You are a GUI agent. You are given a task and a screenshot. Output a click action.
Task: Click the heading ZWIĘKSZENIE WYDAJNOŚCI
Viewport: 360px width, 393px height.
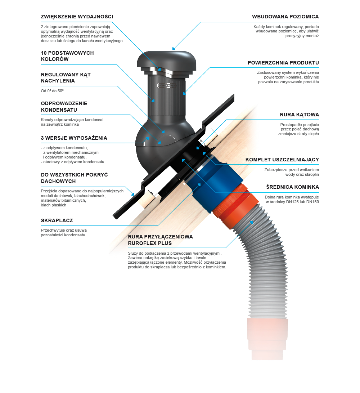pos(77,17)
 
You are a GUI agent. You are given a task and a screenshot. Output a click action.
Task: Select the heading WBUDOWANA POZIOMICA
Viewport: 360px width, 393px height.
pos(285,17)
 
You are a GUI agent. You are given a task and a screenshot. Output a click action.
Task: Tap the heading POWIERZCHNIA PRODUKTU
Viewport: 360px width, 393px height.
pos(283,63)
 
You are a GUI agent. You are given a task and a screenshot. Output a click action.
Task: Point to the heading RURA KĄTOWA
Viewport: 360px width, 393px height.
pos(300,115)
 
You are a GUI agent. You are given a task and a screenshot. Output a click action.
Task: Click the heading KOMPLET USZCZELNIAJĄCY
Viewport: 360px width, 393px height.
pos(282,160)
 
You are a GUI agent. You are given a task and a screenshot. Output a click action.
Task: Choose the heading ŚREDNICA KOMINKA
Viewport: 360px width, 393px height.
pos(293,187)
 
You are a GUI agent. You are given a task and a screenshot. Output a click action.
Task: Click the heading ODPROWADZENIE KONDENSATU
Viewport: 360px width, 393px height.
pos(64,106)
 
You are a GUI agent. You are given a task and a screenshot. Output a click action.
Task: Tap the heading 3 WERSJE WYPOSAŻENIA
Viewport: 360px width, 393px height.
pos(74,138)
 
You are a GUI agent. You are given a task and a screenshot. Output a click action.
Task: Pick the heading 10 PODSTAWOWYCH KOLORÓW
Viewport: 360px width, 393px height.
pos(67,56)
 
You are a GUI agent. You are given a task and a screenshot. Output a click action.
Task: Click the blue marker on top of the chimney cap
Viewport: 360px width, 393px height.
pos(174,48)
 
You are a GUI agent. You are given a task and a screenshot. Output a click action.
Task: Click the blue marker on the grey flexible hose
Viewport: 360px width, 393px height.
pos(252,222)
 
